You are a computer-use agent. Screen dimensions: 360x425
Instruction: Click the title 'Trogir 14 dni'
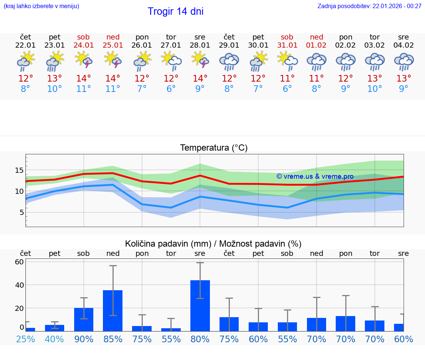pyautogui.click(x=175, y=11)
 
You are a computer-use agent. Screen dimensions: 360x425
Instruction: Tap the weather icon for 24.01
pyautogui.click(x=84, y=60)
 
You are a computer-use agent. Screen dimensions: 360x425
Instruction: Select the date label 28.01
pyautogui.click(x=200, y=45)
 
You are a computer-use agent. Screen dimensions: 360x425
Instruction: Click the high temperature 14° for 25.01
pyautogui.click(x=113, y=79)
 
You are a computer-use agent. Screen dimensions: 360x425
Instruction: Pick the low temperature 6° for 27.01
pyautogui.click(x=171, y=89)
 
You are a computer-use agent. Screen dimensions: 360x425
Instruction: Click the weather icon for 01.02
pyautogui.click(x=316, y=61)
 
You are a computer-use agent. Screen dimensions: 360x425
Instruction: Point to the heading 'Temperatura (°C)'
pyautogui.click(x=214, y=148)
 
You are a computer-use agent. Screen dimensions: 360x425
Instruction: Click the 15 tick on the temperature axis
pyautogui.click(x=20, y=170)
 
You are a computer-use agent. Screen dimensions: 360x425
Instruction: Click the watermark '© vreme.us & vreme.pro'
pyautogui.click(x=315, y=176)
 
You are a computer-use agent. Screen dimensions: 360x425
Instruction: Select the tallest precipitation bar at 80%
pyautogui.click(x=200, y=305)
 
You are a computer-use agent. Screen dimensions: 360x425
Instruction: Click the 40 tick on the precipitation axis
pyautogui.click(x=20, y=285)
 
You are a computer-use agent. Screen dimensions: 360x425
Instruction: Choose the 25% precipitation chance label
pyautogui.click(x=25, y=339)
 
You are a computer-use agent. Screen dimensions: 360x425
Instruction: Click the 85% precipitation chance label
pyautogui.click(x=113, y=339)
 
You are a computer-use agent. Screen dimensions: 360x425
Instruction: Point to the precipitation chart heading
pyautogui.click(x=213, y=244)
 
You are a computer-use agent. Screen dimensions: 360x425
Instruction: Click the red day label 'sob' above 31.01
pyautogui.click(x=287, y=37)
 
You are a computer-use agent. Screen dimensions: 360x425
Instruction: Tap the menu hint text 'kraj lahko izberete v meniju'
pyautogui.click(x=41, y=6)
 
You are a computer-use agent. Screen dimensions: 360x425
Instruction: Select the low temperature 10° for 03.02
pyautogui.click(x=374, y=89)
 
